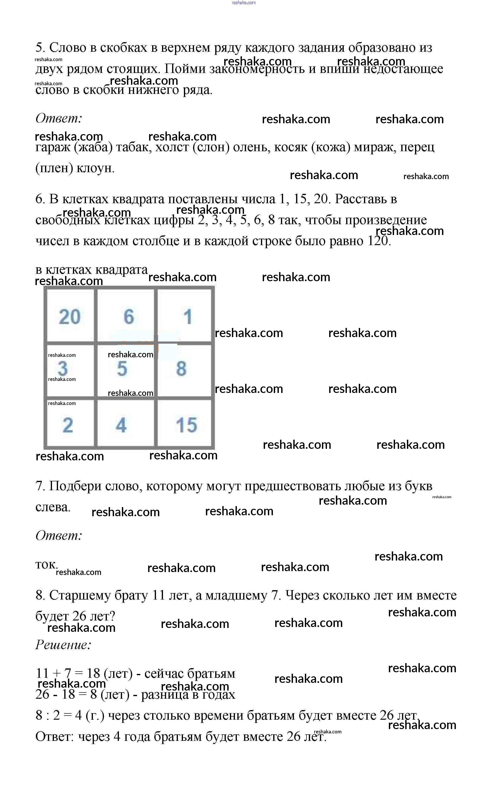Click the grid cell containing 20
[70, 316]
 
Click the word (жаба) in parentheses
[93, 147]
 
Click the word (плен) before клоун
[54, 168]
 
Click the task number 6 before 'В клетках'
[40, 199]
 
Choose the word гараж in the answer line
[52, 147]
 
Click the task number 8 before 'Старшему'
[40, 595]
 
